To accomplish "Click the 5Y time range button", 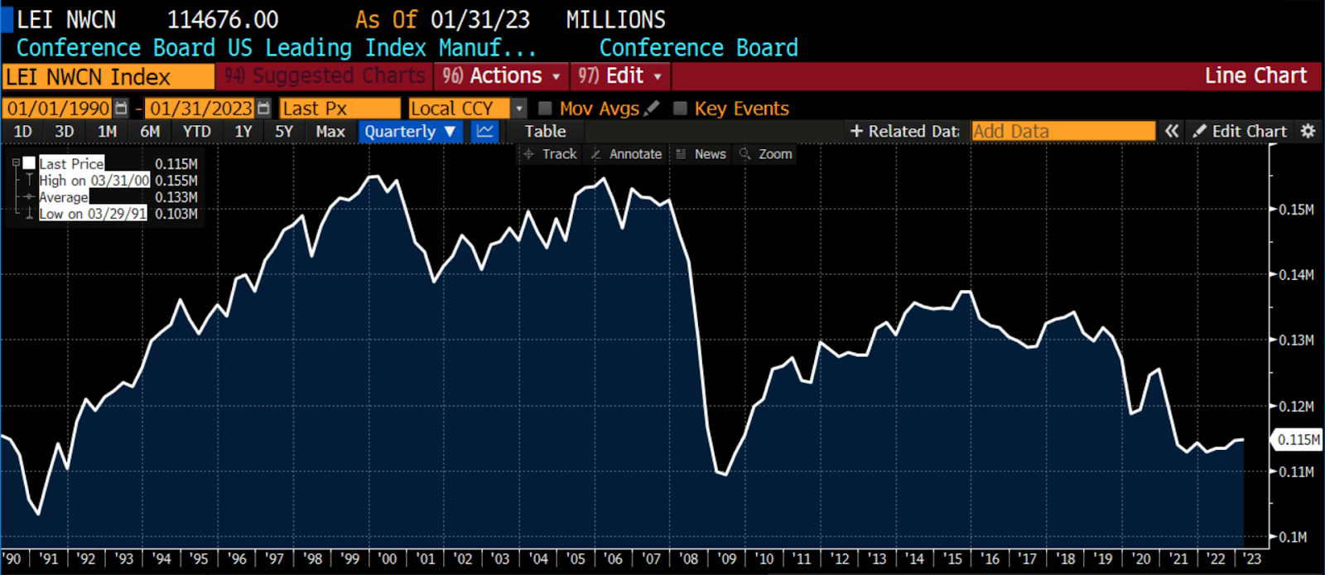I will (x=284, y=132).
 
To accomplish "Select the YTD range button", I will (x=196, y=132).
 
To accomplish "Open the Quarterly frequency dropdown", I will (x=410, y=132).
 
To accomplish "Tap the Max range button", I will (x=330, y=132).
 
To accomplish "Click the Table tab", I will (x=545, y=132).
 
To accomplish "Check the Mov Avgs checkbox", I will (x=546, y=109).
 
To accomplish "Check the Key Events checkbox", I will (x=681, y=109).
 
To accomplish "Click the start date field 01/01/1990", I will (x=58, y=109).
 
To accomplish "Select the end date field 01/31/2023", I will (x=201, y=109).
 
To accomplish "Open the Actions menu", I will (x=501, y=76).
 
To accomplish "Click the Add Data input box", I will (x=1062, y=132).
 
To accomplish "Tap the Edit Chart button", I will (x=1240, y=132).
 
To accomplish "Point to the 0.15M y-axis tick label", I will (x=1296, y=210).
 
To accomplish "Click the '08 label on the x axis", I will (x=689, y=559).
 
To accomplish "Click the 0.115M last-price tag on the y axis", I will (x=1298, y=440).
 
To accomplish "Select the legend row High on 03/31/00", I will (x=94, y=181).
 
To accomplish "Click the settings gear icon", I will (x=1308, y=132).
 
